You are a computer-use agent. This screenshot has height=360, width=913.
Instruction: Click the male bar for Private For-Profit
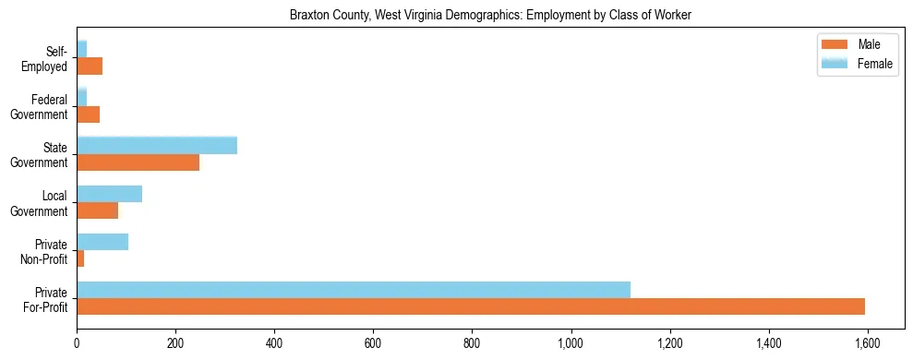tap(471, 306)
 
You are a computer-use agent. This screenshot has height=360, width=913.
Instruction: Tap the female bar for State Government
tap(157, 146)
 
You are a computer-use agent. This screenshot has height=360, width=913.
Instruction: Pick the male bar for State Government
tap(138, 162)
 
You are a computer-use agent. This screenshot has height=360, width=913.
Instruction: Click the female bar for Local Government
tap(109, 194)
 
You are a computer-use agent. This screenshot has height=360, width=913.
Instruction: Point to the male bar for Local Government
tap(97, 210)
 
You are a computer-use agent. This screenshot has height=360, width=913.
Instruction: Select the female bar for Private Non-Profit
tap(102, 242)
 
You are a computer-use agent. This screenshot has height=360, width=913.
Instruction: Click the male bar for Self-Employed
tap(90, 66)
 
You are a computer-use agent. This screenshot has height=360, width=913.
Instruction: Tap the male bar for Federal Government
tap(88, 114)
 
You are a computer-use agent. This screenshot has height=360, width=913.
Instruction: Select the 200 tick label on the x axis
tap(175, 343)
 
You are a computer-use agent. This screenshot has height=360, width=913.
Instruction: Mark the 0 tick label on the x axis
tap(77, 343)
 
